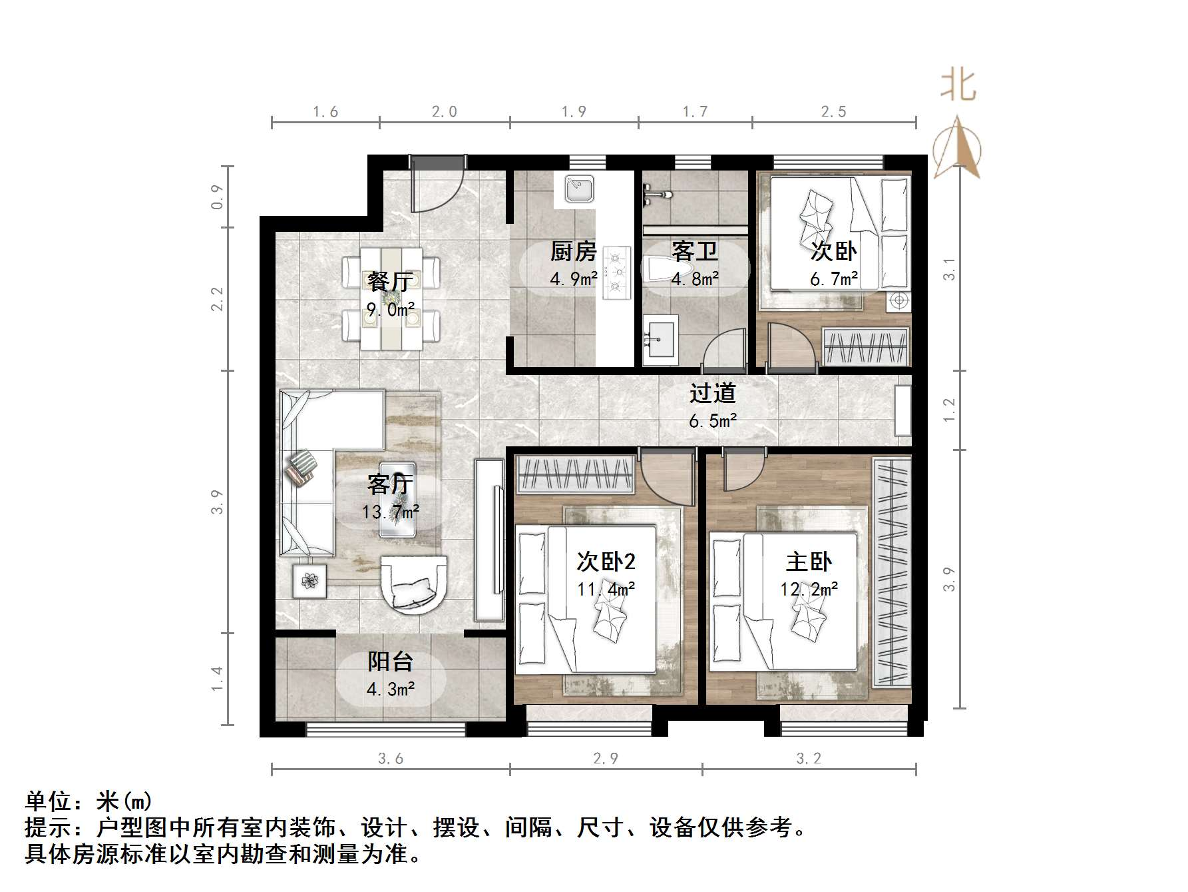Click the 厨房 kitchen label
(x=573, y=252)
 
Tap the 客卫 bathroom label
(x=694, y=252)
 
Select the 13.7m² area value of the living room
(x=391, y=512)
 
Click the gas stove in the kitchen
(x=616, y=272)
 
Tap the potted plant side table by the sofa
(x=309, y=581)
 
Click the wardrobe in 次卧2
(x=575, y=475)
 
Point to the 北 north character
(x=958, y=85)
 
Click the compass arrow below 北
(x=957, y=148)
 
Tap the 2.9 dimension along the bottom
(x=605, y=758)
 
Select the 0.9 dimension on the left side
(x=218, y=197)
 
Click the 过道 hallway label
(x=712, y=393)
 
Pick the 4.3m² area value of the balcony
(x=391, y=689)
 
